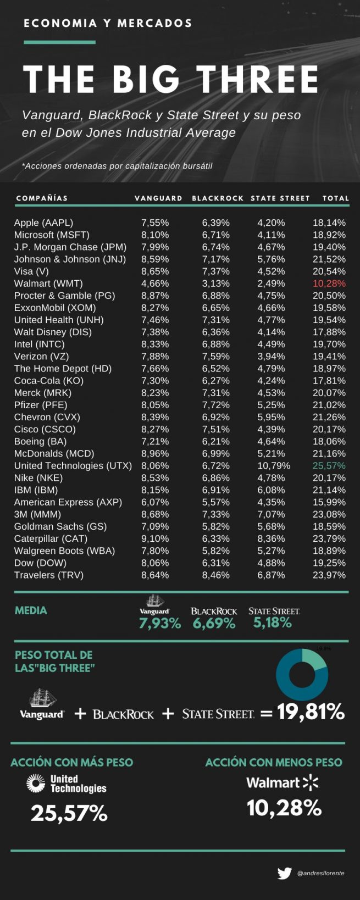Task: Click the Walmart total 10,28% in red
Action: [x=329, y=284]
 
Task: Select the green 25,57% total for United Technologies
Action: [x=329, y=465]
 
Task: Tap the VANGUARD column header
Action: [x=158, y=198]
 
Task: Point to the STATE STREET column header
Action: [x=280, y=198]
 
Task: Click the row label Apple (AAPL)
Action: [x=43, y=223]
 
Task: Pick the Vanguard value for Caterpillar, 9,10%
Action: [x=155, y=538]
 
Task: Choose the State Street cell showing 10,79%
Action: [x=274, y=465]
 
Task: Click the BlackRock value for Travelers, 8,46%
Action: [x=215, y=575]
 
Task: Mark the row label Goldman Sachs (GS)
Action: [x=60, y=526]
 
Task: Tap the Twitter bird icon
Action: [x=285, y=873]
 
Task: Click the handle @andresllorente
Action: [x=320, y=873]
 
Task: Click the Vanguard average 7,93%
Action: [x=159, y=623]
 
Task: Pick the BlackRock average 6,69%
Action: [x=214, y=623]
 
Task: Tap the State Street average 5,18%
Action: [x=273, y=623]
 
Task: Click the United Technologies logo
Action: [x=66, y=784]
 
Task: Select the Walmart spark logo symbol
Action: [x=311, y=782]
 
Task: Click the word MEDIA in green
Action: [x=31, y=610]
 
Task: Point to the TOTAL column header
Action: [x=336, y=198]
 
